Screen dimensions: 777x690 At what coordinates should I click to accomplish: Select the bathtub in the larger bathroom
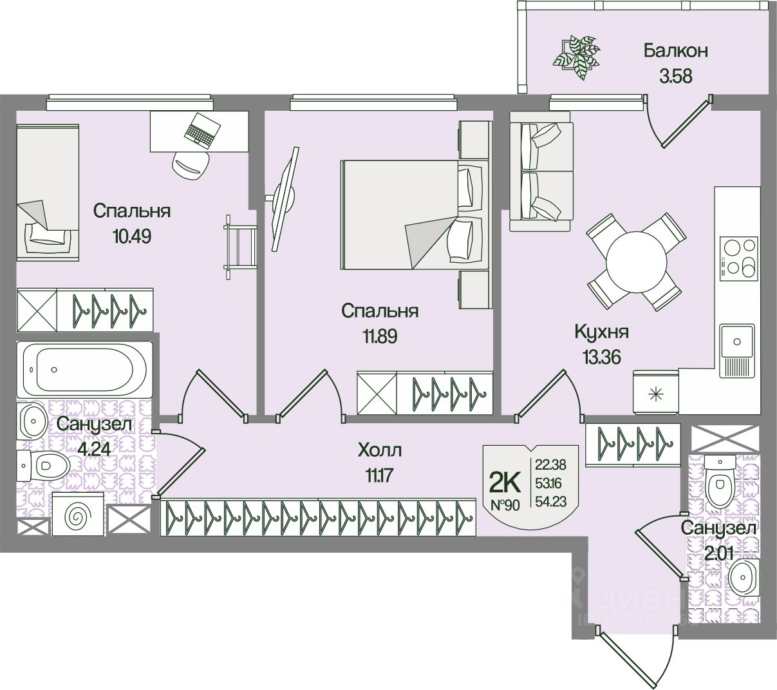click(x=84, y=369)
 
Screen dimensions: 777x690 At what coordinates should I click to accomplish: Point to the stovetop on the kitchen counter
click(x=738, y=258)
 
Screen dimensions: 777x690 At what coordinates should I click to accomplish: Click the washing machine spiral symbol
click(x=78, y=515)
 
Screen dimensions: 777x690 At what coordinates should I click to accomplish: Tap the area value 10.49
click(x=131, y=236)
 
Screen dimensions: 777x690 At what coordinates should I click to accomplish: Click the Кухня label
click(x=601, y=332)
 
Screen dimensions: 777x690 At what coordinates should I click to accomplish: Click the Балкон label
click(x=676, y=50)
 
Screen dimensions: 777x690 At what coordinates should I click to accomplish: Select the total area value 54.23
click(x=550, y=501)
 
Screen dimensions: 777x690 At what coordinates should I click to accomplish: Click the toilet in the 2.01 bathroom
click(x=719, y=479)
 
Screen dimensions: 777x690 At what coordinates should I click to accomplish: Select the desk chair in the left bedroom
click(x=191, y=165)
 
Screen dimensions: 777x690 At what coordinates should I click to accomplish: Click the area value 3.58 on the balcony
click(x=675, y=76)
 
